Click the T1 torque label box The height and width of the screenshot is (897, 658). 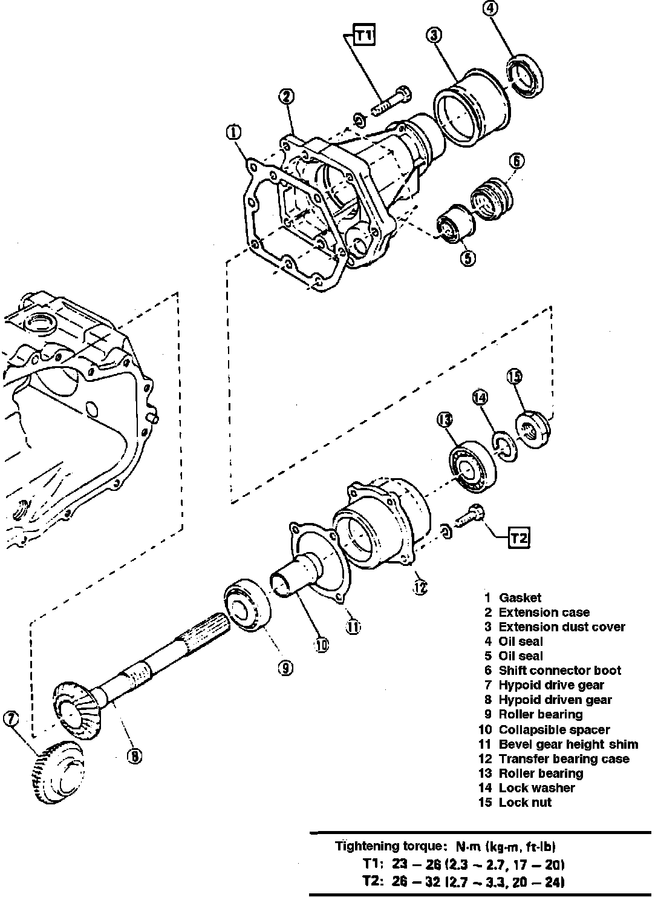point(363,36)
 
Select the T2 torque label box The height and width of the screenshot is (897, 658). point(519,537)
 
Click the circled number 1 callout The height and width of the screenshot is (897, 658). point(234,133)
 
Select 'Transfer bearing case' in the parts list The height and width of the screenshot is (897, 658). point(563,758)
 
